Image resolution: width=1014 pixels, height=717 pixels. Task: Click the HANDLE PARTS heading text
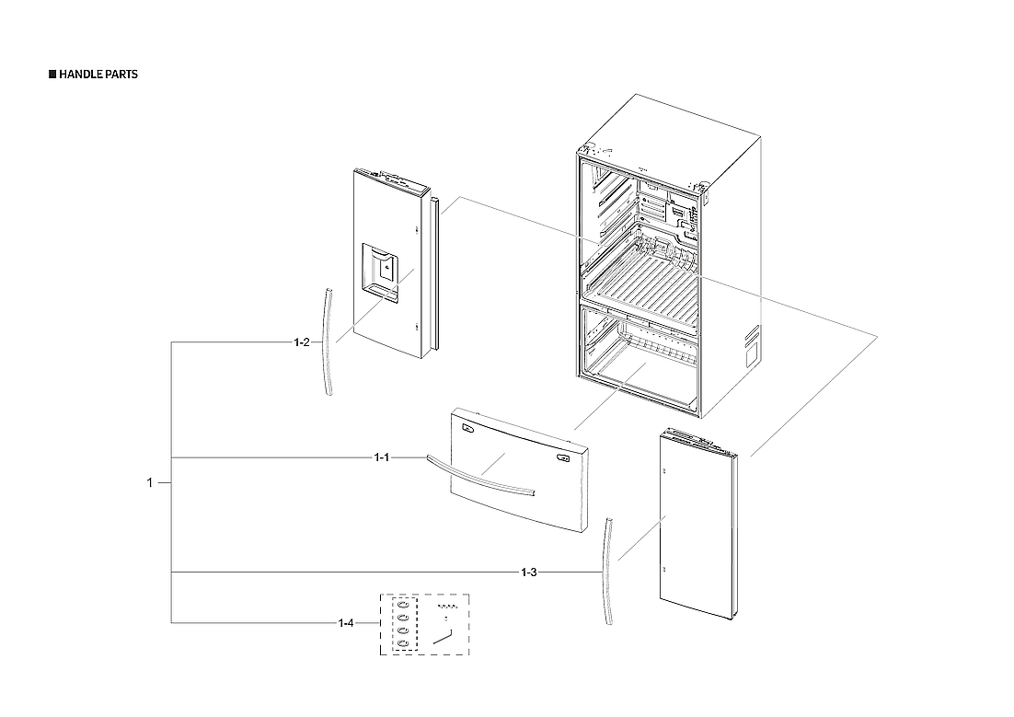coord(98,75)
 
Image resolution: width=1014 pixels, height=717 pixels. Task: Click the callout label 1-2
coord(301,342)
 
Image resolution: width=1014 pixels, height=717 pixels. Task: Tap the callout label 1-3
coord(528,572)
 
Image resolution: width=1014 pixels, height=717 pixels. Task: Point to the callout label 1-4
coord(346,624)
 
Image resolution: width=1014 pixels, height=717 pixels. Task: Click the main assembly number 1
coord(150,482)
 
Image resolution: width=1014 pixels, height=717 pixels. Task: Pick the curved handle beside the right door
coord(608,571)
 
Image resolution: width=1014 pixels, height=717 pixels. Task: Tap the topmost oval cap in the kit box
coord(403,605)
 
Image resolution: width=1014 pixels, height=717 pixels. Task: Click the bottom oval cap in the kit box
coord(403,642)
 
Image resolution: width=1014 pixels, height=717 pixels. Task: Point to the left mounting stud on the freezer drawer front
coord(467,427)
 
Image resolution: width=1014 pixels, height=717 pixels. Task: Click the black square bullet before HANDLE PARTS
coord(52,75)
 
